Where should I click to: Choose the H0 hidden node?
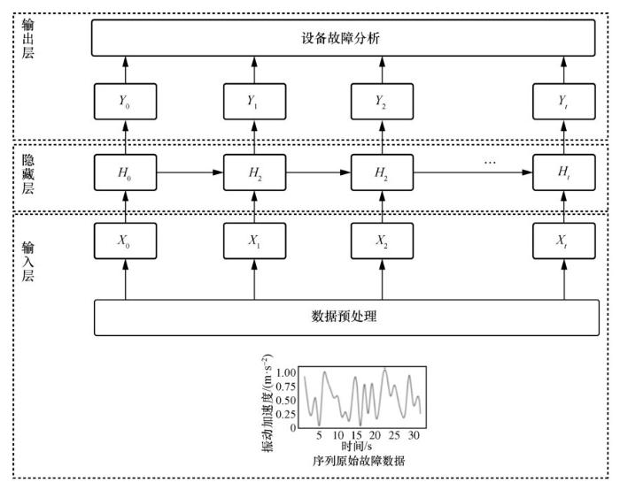[x=125, y=172]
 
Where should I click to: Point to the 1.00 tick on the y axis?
[x=285, y=372]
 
